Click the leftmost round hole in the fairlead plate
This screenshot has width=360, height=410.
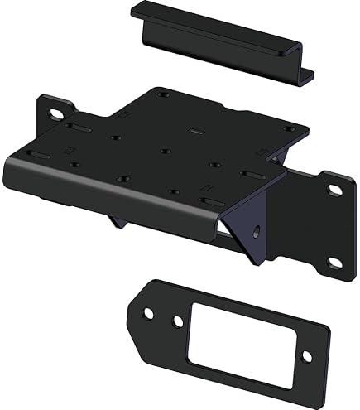[x=148, y=314]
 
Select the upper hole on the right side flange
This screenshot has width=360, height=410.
[x=334, y=190]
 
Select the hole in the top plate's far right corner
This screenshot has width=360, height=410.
[x=289, y=128]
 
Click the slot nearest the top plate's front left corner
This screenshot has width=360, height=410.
[x=81, y=129]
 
